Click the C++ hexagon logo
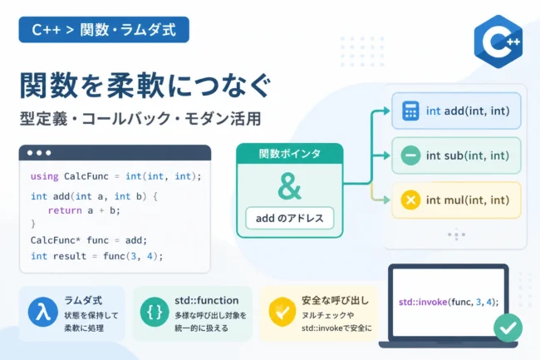(x=498, y=42)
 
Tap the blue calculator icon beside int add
(x=410, y=111)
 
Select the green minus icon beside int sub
(x=410, y=155)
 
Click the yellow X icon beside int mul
(x=410, y=200)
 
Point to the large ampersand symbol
(x=290, y=186)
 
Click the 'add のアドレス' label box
(x=290, y=218)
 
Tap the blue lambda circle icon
(x=42, y=312)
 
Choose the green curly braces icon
(x=155, y=312)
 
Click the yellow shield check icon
(x=282, y=312)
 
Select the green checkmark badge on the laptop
(x=508, y=328)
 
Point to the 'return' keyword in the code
(x=65, y=210)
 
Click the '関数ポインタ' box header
(x=290, y=154)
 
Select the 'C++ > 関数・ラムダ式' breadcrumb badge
(x=104, y=30)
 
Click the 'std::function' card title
(x=207, y=300)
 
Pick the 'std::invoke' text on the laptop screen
(x=423, y=302)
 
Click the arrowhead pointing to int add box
(x=387, y=111)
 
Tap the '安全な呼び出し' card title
(x=335, y=300)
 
